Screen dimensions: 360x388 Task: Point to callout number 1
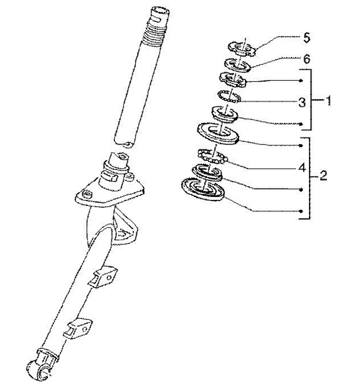tap(328, 101)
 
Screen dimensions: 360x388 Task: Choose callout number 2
tap(323, 176)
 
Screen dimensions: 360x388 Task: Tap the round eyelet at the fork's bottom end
tap(39, 370)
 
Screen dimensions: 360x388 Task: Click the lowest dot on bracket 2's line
tap(301, 211)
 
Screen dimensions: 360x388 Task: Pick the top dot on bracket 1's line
tap(301, 80)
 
